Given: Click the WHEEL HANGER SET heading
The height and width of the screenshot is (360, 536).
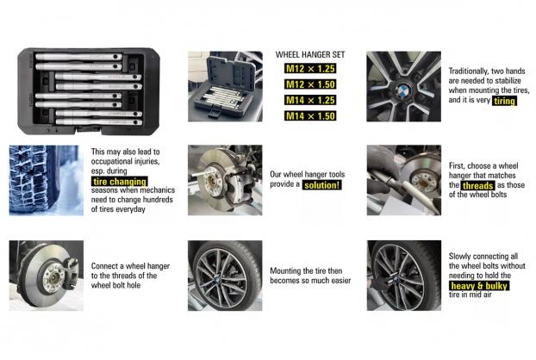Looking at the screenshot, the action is point(310,54).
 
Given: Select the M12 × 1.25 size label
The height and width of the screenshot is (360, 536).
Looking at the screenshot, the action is point(310,69).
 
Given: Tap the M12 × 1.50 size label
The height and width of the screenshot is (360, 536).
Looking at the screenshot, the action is point(310,84).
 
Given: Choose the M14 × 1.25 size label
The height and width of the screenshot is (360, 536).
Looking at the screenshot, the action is point(310,100).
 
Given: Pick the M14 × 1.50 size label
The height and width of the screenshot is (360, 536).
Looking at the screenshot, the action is point(310,115).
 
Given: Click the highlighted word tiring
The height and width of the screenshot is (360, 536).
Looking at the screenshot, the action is point(504,101).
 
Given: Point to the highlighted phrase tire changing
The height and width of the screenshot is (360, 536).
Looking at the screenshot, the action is point(120,182).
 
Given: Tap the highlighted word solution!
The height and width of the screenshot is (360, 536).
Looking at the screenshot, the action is point(321,185).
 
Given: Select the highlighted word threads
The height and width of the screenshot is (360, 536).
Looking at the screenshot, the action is point(477,185).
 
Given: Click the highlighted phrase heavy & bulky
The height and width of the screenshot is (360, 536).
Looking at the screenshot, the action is point(479,286).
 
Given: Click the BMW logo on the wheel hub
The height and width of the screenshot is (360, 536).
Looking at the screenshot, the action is point(404,90).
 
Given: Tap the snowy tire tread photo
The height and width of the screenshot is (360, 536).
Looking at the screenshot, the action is point(47,180).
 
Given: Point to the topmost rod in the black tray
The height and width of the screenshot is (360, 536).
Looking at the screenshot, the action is point(78,57).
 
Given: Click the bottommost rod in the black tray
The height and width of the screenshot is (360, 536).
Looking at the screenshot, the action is point(99,122).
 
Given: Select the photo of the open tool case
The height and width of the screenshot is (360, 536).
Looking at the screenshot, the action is point(225,86).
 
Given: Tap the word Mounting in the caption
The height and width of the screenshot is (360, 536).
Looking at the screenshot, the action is point(284,271).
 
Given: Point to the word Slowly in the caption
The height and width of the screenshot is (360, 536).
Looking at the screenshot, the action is point(458,257).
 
